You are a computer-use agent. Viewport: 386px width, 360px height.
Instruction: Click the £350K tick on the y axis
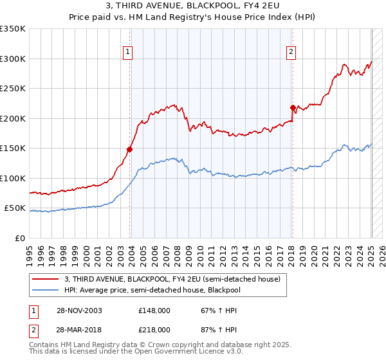[13, 29]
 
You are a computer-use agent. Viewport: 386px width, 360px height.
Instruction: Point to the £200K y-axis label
[13, 118]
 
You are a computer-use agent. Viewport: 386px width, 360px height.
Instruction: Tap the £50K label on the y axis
[15, 208]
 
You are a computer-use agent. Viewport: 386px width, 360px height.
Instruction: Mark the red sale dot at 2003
[129, 149]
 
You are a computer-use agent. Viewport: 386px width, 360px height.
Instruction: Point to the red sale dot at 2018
[293, 107]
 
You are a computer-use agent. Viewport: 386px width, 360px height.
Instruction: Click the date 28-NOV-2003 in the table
[79, 310]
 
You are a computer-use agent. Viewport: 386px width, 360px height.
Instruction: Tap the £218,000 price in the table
[154, 329]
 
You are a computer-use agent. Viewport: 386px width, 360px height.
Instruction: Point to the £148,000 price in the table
[154, 310]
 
